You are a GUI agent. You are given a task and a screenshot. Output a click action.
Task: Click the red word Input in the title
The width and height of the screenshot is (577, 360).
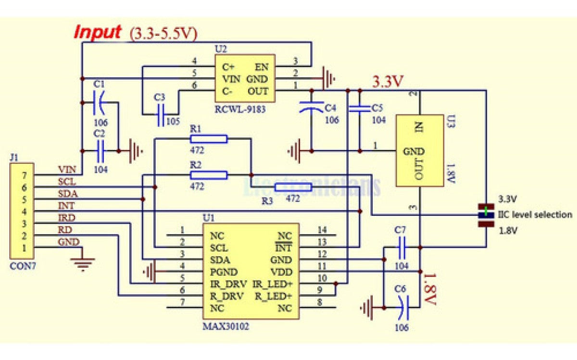pyautogui.click(x=97, y=32)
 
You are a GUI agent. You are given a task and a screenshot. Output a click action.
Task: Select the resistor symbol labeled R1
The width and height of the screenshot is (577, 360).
pyautogui.click(x=208, y=139)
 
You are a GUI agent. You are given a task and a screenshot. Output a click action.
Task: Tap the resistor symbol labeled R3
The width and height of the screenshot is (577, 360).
pyautogui.click(x=292, y=187)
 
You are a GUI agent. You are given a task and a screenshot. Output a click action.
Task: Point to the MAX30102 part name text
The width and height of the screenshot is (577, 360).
pyautogui.click(x=226, y=326)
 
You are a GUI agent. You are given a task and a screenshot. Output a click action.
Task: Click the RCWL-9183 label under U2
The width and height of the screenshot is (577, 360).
pyautogui.click(x=239, y=110)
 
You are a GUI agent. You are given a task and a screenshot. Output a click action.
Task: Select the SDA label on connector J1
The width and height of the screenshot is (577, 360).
pyautogui.click(x=68, y=194)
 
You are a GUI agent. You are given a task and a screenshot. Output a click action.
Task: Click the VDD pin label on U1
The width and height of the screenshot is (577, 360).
pyautogui.click(x=282, y=272)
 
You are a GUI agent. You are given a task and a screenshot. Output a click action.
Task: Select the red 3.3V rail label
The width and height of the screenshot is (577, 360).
pyautogui.click(x=387, y=82)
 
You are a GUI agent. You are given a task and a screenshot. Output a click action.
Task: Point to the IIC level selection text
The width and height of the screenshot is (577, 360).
pyautogui.click(x=534, y=215)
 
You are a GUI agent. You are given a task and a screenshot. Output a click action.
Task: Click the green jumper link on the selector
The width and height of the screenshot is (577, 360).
pyautogui.click(x=486, y=210)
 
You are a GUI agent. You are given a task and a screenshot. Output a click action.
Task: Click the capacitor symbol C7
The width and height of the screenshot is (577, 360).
pyautogui.click(x=402, y=248)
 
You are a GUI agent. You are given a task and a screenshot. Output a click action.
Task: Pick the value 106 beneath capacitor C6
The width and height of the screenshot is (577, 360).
pyautogui.click(x=401, y=328)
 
